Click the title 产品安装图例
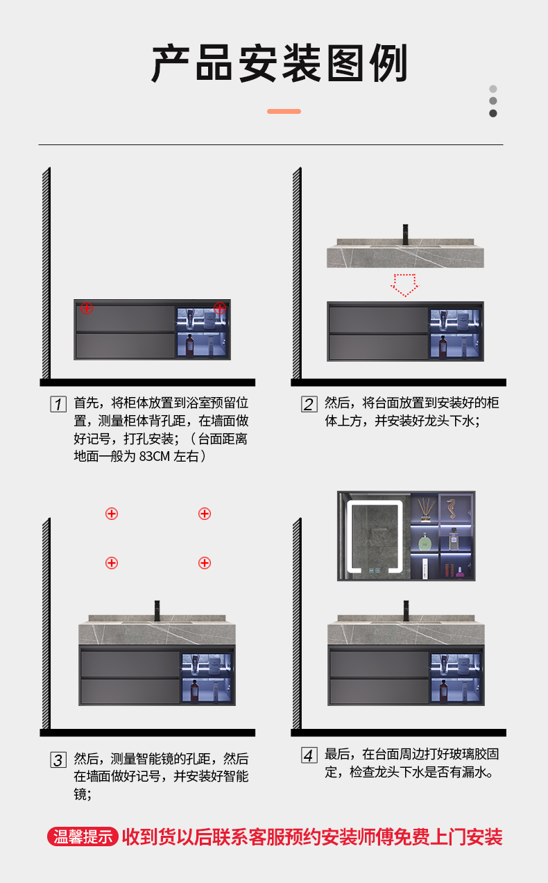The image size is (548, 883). pyautogui.click(x=280, y=63)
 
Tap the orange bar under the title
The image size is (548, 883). pyautogui.click(x=284, y=111)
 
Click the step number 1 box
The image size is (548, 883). pyautogui.click(x=58, y=404)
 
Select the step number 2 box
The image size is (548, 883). pyautogui.click(x=309, y=404)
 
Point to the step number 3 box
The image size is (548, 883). pyautogui.click(x=58, y=759)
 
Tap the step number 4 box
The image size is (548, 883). pyautogui.click(x=309, y=755)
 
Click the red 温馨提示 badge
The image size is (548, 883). pyautogui.click(x=83, y=836)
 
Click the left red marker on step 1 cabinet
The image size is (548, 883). pyautogui.click(x=86, y=308)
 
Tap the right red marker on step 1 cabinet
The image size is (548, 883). pyautogui.click(x=220, y=308)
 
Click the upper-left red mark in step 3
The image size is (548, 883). pyautogui.click(x=111, y=514)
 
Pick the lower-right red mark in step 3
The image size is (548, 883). pyautogui.click(x=204, y=562)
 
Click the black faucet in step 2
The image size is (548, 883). pyautogui.click(x=404, y=234)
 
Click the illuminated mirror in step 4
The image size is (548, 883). pyautogui.click(x=375, y=536)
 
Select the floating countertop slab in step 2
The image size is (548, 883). pyautogui.click(x=405, y=254)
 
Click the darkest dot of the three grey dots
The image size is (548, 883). pyautogui.click(x=493, y=113)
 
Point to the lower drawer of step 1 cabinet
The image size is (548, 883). pyautogui.click(x=125, y=346)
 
